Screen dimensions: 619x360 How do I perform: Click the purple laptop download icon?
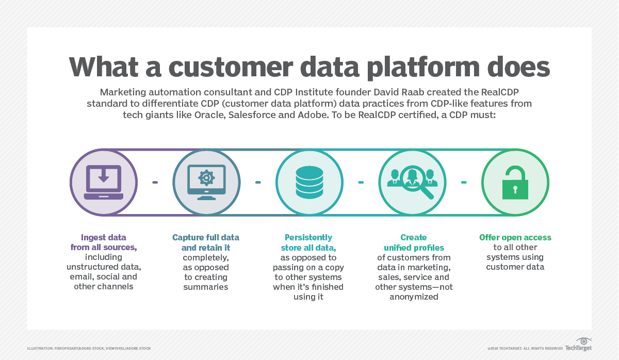[x=104, y=182]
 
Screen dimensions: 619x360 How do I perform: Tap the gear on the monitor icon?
[x=206, y=177]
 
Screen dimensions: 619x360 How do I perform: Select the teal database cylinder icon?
[x=309, y=182]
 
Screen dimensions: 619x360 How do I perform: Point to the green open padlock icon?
[x=515, y=183]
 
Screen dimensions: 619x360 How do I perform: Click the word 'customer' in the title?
[x=231, y=67]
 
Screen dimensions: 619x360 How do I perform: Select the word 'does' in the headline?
[x=518, y=67]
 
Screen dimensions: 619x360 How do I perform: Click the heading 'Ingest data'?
[x=104, y=237]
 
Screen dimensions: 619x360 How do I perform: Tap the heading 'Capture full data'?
[x=206, y=237]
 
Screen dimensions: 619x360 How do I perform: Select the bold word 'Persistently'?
[x=308, y=237]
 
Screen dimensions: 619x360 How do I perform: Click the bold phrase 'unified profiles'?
[x=414, y=248]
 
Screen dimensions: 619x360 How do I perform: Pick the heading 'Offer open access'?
[x=515, y=237]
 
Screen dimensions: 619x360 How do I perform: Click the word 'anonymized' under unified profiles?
[x=414, y=297]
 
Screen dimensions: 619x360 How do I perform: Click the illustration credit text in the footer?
[x=89, y=349]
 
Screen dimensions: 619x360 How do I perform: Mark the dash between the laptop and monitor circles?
[x=155, y=183]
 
